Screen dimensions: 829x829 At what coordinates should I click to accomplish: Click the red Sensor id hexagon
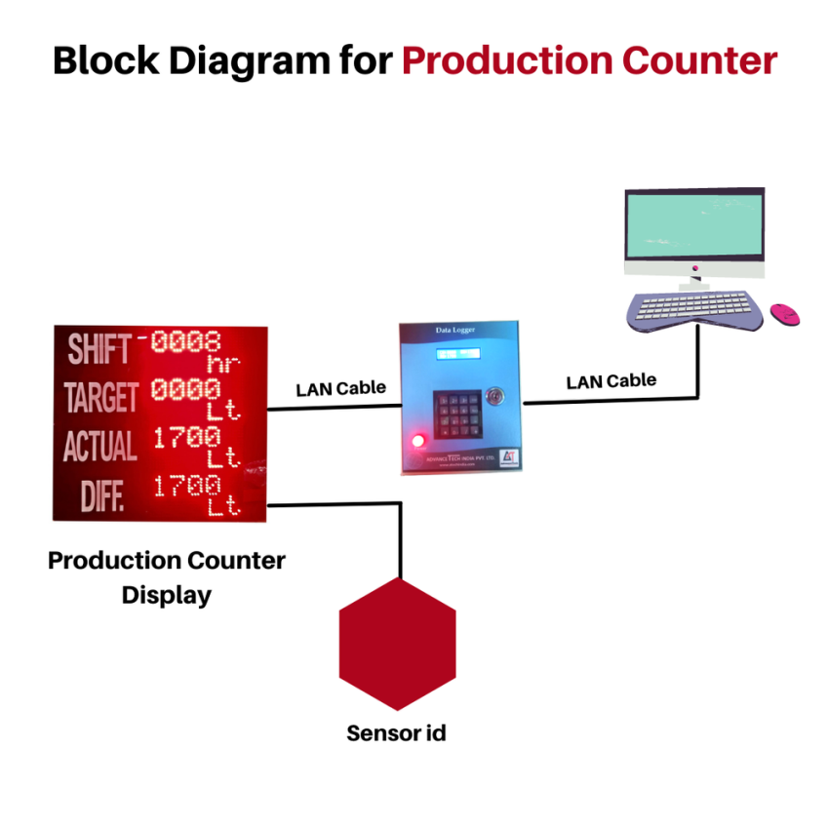tap(397, 644)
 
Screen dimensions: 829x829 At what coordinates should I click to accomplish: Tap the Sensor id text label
tap(396, 732)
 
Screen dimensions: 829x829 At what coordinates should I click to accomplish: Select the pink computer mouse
tap(784, 314)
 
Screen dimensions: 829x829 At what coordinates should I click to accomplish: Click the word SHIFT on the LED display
tap(99, 349)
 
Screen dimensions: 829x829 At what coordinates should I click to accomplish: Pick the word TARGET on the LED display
tap(101, 397)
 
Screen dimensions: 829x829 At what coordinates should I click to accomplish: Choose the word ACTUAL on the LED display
tap(100, 446)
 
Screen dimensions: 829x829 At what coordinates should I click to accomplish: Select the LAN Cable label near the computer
tap(611, 380)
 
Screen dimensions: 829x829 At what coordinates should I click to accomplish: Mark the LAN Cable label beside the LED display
tap(340, 388)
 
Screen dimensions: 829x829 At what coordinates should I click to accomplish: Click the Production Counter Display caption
tap(167, 577)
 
